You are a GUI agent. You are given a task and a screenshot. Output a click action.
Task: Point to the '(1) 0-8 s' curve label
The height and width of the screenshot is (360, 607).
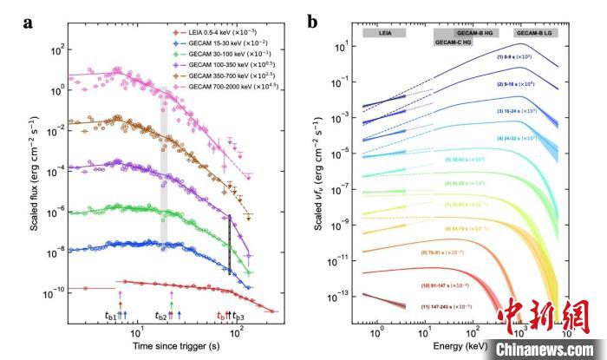pos(518,56)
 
